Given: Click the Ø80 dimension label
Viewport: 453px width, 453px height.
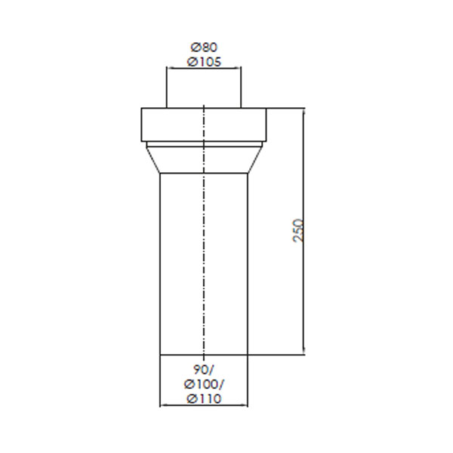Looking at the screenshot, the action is click(204, 48).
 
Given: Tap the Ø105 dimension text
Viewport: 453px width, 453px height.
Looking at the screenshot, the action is click(204, 62).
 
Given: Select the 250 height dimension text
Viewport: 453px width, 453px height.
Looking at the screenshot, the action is click(298, 230).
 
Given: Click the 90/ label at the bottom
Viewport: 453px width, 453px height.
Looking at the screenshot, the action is click(204, 369).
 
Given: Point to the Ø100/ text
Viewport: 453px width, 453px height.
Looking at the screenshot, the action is click(204, 384).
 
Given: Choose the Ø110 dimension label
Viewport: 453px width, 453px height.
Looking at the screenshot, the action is click(204, 399).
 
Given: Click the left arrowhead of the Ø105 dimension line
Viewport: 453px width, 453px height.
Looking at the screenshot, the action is click(169, 68).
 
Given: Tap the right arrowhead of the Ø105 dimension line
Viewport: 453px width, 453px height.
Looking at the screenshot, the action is click(239, 68).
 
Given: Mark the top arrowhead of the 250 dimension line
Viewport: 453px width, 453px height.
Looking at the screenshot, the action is click(304, 111).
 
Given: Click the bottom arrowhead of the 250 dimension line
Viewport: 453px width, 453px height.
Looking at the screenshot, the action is click(304, 352).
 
